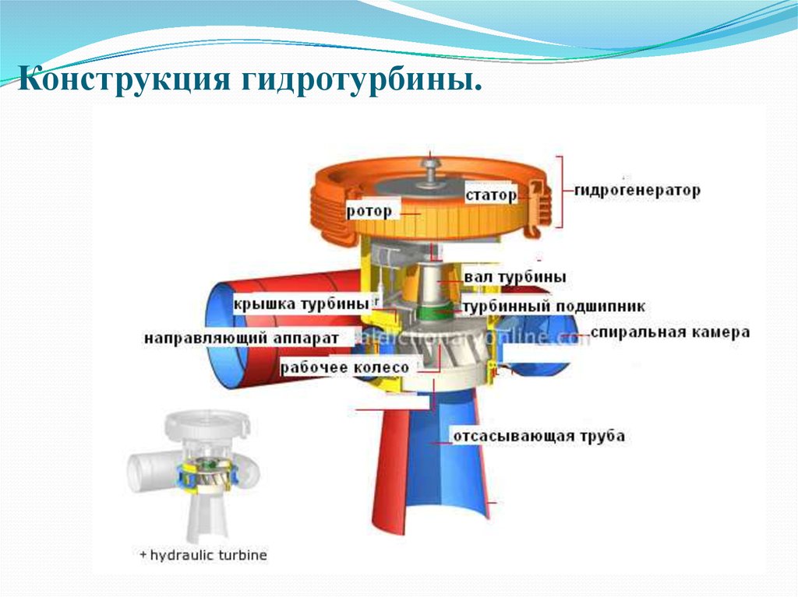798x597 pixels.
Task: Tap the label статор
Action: [491, 194]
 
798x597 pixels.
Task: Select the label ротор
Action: [370, 210]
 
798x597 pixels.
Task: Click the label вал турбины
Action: [515, 277]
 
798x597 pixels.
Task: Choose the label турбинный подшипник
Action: [553, 307]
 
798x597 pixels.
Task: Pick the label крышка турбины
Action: [300, 303]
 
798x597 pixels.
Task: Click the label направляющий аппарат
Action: [242, 339]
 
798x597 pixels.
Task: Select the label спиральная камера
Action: [670, 332]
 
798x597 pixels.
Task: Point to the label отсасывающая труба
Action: [538, 436]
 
